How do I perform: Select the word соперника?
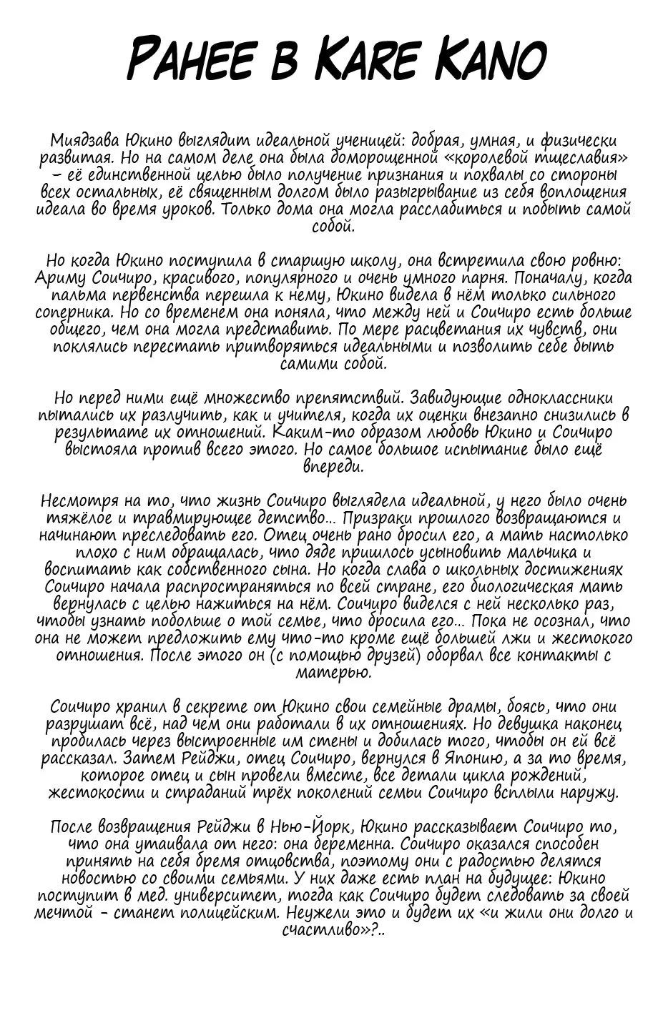coord(70,313)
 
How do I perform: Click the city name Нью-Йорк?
coord(310,827)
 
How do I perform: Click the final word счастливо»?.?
coord(334,931)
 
